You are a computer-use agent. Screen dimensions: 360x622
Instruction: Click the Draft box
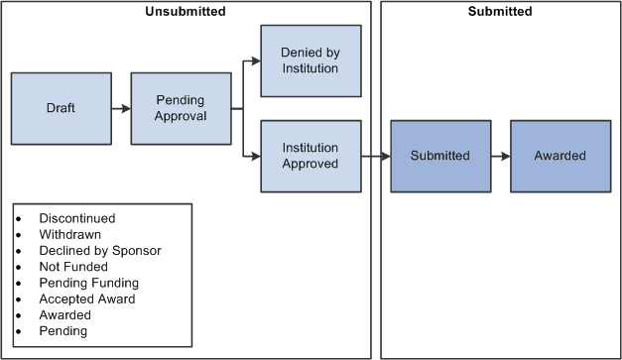point(61,108)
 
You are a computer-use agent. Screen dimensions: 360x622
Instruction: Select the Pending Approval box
point(181,108)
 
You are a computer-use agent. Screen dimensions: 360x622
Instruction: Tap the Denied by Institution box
point(310,60)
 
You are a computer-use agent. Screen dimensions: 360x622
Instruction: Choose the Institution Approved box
point(310,156)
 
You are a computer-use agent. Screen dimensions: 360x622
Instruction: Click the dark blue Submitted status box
point(439,156)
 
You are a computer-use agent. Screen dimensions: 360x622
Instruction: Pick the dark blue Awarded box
point(560,156)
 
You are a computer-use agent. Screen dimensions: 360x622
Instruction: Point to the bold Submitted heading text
point(500,12)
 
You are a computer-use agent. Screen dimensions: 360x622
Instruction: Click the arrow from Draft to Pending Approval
point(120,108)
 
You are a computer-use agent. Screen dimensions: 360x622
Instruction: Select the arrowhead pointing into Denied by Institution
point(255,60)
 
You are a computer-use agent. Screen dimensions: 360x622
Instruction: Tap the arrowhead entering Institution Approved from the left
point(255,156)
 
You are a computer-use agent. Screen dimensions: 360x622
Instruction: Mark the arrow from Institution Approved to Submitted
point(374,156)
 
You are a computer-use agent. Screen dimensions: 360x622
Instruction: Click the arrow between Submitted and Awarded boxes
point(499,156)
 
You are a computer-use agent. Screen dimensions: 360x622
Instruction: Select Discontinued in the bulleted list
point(77,218)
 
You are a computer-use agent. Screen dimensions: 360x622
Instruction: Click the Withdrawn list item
point(69,234)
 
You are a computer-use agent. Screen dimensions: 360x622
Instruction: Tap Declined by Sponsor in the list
point(99,250)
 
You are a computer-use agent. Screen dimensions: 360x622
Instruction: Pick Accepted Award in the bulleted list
point(87,299)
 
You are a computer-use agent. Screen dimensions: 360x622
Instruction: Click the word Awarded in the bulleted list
point(64,314)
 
